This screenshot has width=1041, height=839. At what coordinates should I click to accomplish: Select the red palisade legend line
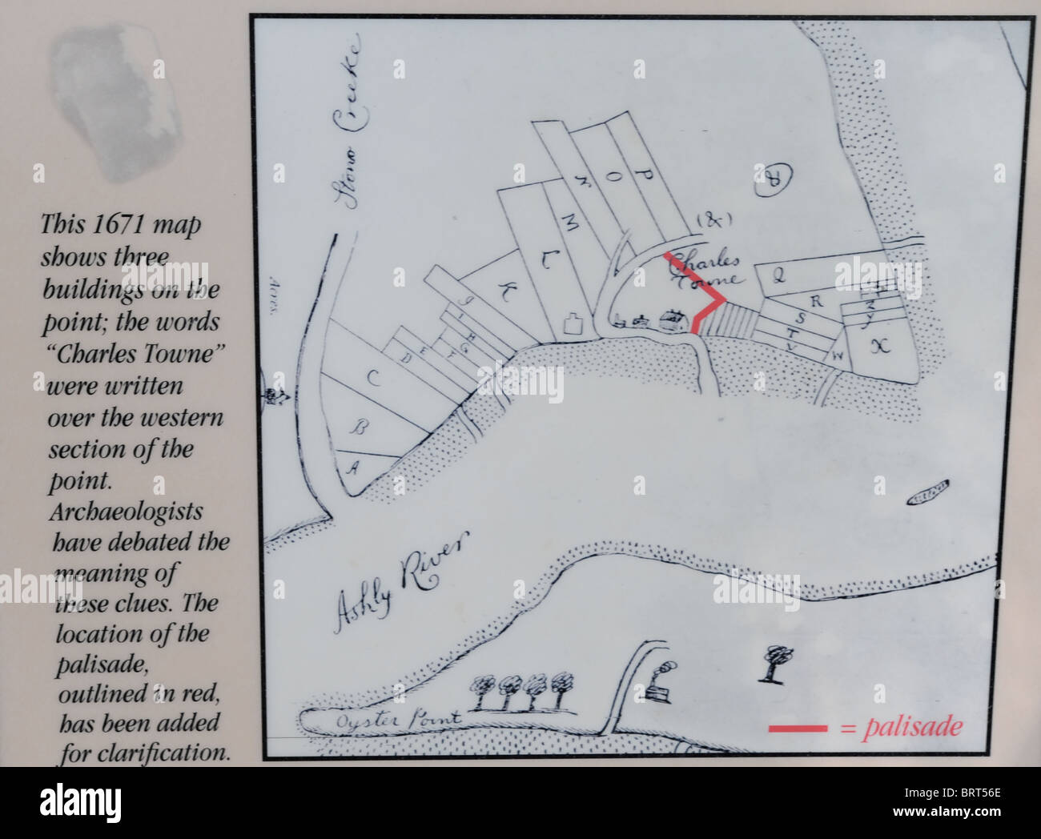pos(798,729)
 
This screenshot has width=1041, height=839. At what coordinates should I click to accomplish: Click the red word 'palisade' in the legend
pos(911,728)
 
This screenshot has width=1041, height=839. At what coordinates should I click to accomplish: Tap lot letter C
pos(372,379)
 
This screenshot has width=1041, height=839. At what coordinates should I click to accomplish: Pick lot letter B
pos(360,427)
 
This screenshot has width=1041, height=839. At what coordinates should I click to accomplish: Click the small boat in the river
pos(928,491)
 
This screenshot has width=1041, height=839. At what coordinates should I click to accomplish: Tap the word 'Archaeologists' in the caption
pos(127,512)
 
